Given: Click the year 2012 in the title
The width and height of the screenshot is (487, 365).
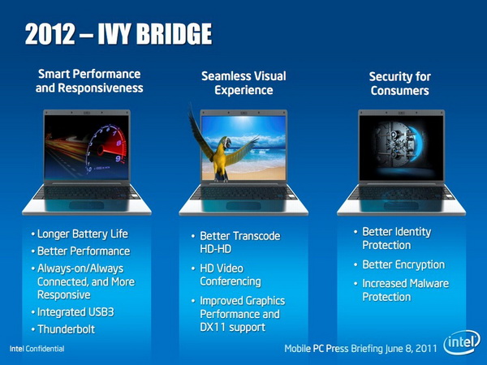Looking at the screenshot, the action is point(50,34).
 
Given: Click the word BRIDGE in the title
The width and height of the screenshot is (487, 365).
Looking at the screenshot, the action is point(175,34).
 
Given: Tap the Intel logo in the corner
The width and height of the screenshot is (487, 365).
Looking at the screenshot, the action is point(462,342).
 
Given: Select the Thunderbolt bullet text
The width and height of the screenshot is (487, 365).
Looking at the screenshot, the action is point(67,329).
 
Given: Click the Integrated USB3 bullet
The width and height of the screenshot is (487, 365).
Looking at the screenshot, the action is point(75,312).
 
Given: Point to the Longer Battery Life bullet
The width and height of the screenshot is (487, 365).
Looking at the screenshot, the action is point(82,234).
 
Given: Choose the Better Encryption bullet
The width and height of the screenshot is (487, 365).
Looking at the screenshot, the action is point(403,264).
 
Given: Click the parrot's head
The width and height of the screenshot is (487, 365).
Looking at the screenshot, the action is point(226,143).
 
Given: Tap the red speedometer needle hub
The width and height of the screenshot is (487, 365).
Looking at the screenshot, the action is point(101,151).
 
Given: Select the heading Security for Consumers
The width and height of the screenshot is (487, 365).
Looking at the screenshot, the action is point(399,84).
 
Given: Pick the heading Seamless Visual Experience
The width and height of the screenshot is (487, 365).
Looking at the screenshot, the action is point(243,84).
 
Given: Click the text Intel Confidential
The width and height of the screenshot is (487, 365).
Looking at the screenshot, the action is point(37,349).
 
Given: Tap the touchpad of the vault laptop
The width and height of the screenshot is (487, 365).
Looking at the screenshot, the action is point(401,206).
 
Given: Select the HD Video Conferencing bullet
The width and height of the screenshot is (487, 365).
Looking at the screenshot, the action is point(231,275).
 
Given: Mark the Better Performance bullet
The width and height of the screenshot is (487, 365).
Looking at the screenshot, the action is point(84,251).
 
